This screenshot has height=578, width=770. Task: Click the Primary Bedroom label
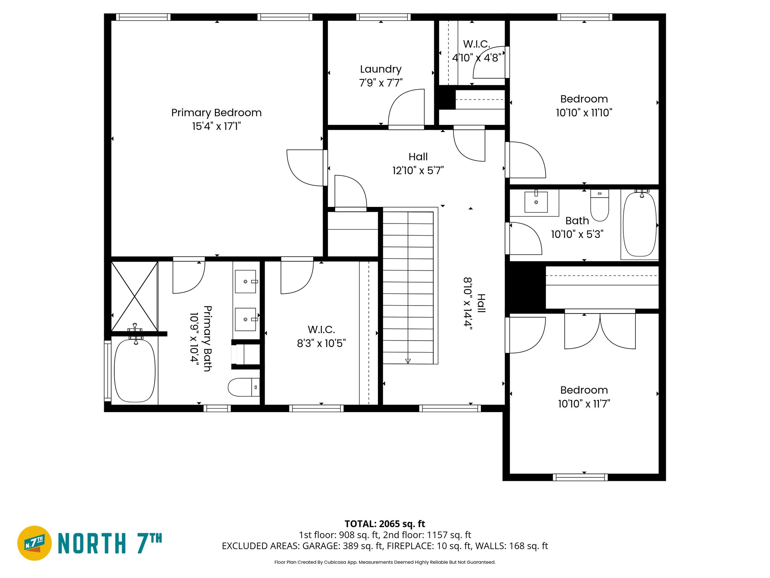coord(216,113)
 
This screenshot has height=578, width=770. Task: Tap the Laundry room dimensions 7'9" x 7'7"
coord(380,83)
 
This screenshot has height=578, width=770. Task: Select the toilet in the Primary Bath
coord(244,387)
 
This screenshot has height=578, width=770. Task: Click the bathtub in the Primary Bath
coord(135,371)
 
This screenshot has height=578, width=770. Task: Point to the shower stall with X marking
coord(134,297)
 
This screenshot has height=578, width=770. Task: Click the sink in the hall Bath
coord(536,202)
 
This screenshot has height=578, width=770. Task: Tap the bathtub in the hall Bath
coord(640,225)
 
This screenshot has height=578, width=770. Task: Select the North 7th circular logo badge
coord(35,543)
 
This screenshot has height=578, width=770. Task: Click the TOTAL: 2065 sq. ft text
coord(385,524)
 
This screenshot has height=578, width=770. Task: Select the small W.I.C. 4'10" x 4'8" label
coord(476,51)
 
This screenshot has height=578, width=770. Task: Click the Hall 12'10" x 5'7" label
coord(418,164)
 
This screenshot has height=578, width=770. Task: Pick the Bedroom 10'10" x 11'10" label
coord(584,106)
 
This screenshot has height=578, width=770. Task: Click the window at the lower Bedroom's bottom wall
coord(580,477)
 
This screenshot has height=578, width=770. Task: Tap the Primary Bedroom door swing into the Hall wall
coord(305,167)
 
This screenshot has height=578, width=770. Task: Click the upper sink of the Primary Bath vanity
coord(246,281)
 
